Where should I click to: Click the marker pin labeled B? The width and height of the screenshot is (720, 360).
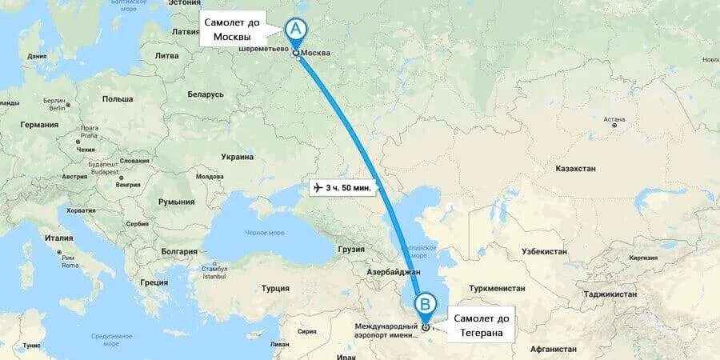click(426, 304)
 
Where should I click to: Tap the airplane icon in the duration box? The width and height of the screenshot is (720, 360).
click(318, 187)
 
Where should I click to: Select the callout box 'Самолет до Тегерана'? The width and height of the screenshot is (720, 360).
click(481, 326)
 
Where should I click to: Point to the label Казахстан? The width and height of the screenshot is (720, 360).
click(575, 169)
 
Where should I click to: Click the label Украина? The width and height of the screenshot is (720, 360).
click(237, 157)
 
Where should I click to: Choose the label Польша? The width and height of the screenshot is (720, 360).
click(118, 98)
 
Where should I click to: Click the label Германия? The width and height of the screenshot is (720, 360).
click(40, 125)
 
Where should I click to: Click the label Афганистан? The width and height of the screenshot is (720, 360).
click(553, 350)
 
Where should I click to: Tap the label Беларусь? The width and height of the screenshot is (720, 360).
click(206, 94)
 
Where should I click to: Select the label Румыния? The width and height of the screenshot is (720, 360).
click(177, 202)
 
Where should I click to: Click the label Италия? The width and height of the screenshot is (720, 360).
click(59, 238)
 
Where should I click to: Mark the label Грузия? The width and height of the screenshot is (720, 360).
click(350, 249)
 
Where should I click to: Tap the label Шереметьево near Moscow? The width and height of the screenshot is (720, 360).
click(262, 49)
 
